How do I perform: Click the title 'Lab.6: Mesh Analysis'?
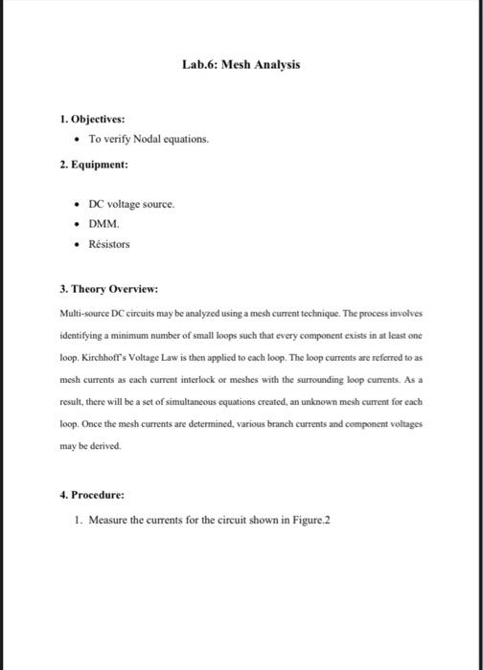241,64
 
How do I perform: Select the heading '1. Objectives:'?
91,121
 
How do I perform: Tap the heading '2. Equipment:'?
93,164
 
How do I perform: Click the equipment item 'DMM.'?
103,224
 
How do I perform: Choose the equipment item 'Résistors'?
108,244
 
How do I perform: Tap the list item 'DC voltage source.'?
131,204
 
